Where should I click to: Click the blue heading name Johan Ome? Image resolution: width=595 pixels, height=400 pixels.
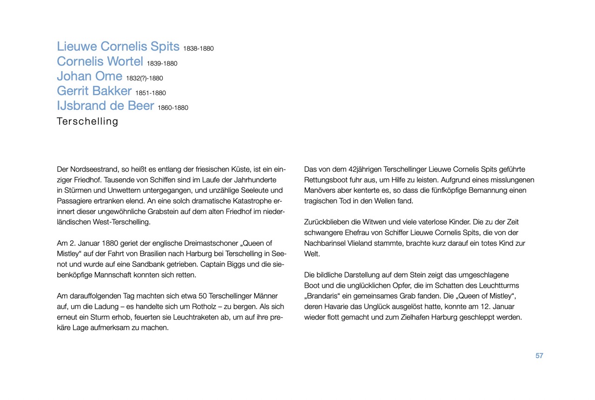[x=89, y=76]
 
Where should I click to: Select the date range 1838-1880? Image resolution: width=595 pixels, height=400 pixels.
[x=198, y=48]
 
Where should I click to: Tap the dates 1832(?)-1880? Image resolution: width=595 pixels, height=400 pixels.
[x=144, y=78]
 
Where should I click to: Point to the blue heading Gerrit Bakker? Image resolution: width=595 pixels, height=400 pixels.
[x=94, y=91]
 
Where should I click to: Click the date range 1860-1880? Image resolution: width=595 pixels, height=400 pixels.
[x=173, y=108]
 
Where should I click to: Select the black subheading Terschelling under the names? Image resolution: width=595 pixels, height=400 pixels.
[x=87, y=121]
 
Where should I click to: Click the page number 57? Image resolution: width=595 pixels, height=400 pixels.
[x=539, y=356]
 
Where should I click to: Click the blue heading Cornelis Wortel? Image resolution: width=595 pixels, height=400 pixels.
[x=100, y=61]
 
